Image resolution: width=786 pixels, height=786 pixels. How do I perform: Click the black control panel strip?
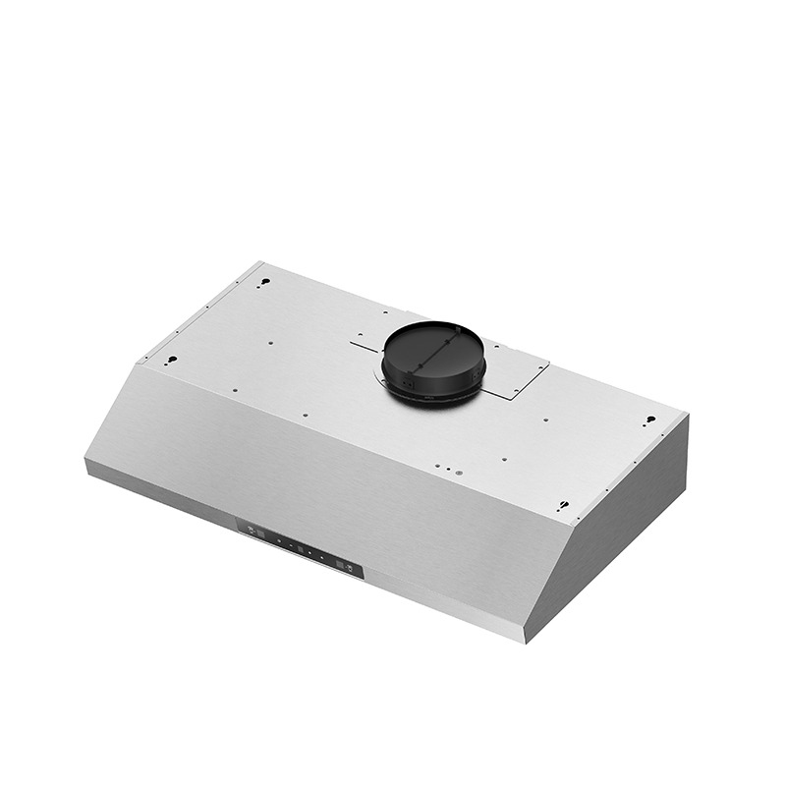point(300,549)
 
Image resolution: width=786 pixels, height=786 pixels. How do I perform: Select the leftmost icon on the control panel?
point(250,531)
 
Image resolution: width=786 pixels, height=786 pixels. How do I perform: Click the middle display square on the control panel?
point(301,549)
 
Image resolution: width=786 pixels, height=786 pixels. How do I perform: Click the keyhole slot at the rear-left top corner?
point(263,283)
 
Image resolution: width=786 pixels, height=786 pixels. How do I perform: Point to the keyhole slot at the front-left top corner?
point(171,360)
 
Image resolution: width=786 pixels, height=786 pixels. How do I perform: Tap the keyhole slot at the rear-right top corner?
point(649,421)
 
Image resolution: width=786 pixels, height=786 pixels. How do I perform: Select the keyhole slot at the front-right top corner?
point(563,506)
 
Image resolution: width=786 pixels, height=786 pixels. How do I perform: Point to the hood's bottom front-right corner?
point(526,641)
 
